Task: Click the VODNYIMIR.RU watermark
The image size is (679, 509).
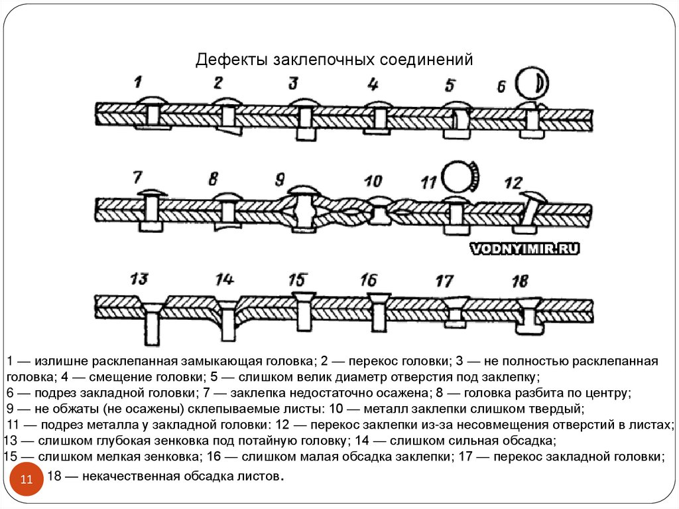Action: [x=525, y=249]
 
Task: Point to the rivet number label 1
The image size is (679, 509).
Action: [x=138, y=82]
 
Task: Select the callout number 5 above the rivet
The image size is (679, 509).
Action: [x=450, y=85]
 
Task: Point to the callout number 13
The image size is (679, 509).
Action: [x=139, y=279]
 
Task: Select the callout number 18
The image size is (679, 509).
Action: [x=521, y=281]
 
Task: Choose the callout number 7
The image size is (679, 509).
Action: [x=137, y=177]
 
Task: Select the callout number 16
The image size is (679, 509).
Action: [x=369, y=280]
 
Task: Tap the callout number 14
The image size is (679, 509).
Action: [x=225, y=279]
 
